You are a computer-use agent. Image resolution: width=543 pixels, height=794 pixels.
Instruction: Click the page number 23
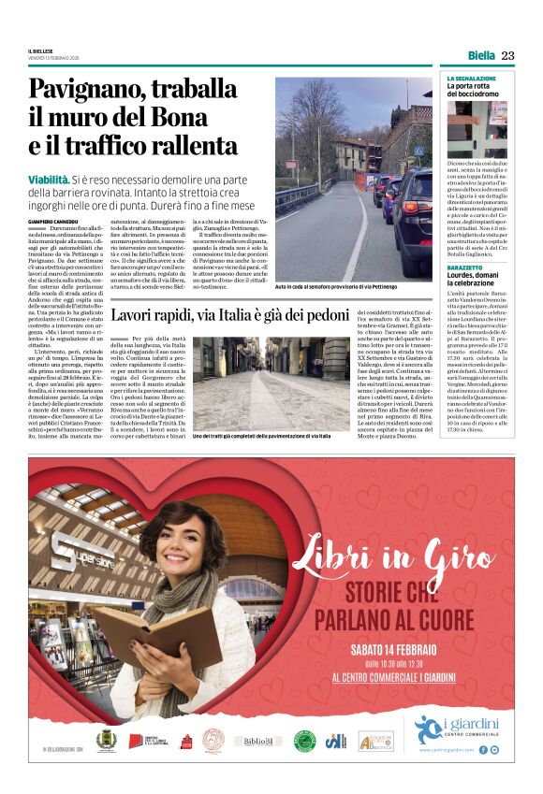coord(507,56)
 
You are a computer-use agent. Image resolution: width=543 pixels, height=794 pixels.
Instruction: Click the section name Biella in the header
coord(481,56)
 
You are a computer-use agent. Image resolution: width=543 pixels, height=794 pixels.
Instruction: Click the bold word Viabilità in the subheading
coord(49,178)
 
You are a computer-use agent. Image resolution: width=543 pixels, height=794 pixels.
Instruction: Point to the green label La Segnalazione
coord(472,79)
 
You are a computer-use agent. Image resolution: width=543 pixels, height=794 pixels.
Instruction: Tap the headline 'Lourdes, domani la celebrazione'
coord(478,281)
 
